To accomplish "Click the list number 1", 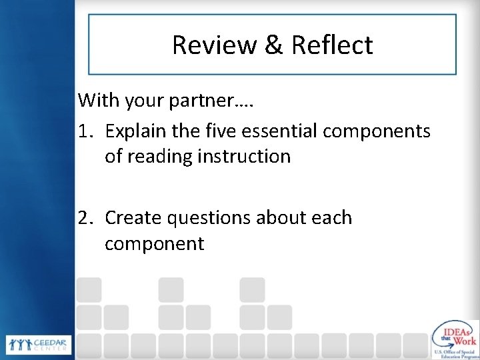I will [x=84, y=131].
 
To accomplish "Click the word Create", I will [x=135, y=218].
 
